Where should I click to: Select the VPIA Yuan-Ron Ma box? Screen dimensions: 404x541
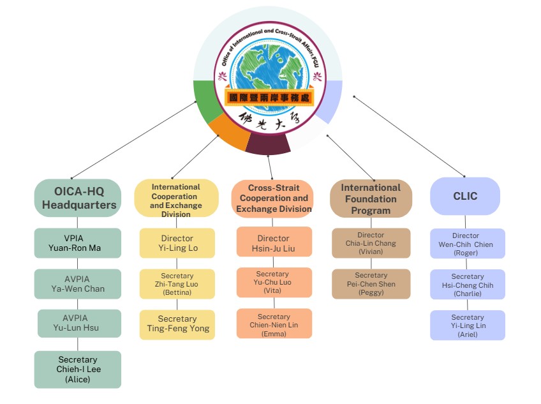[x=77, y=243]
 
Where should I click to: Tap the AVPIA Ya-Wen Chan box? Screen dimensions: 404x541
[x=77, y=284]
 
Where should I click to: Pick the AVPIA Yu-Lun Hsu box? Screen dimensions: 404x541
[x=79, y=324]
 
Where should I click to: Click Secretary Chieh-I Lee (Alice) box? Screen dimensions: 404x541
[x=77, y=369]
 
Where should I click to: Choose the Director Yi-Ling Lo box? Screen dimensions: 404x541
[x=176, y=243]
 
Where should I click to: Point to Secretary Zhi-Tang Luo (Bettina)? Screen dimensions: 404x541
[x=176, y=284]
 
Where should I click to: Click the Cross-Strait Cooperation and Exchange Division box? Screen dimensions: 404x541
[x=272, y=198]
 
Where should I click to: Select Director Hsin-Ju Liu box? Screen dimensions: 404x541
[x=274, y=243]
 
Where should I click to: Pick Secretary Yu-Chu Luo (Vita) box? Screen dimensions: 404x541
[x=274, y=282]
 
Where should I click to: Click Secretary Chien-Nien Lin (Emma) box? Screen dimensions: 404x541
[x=274, y=323]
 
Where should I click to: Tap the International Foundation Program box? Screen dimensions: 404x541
[x=371, y=198]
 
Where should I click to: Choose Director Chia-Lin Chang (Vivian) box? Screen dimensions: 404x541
[x=371, y=243]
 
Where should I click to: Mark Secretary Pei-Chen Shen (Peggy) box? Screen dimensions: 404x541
[x=371, y=284]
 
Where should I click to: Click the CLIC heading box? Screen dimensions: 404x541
[x=465, y=196]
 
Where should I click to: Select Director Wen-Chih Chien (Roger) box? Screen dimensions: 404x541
[x=467, y=244]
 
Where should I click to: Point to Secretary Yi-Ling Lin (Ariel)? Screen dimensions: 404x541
[x=467, y=325]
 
